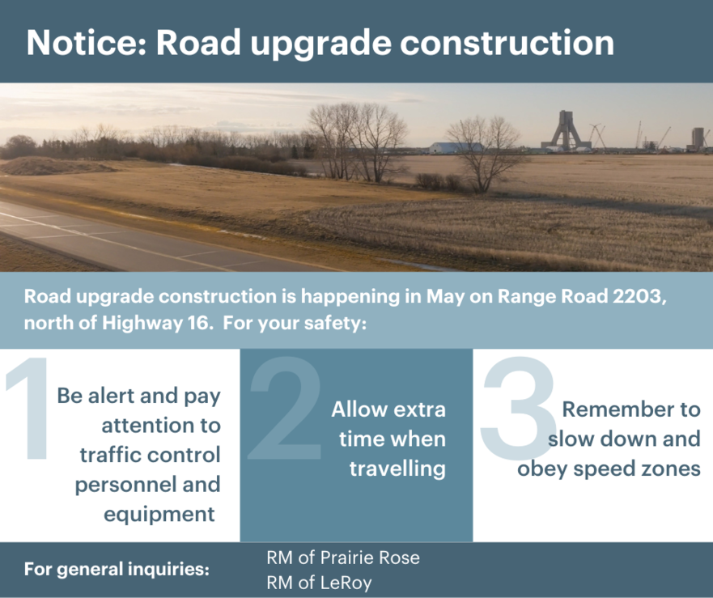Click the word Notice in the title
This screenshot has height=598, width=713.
coord(87,42)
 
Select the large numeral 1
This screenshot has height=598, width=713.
coord(28,408)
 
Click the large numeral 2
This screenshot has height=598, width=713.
coord(285,408)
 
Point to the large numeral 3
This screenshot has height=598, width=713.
coord(519,408)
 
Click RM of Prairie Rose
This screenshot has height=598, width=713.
coord(343,558)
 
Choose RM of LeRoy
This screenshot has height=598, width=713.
coord(319,583)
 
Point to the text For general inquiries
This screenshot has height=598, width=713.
coord(117,570)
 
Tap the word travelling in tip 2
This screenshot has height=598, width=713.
coord(397,469)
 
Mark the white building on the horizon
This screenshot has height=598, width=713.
coord(456,147)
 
